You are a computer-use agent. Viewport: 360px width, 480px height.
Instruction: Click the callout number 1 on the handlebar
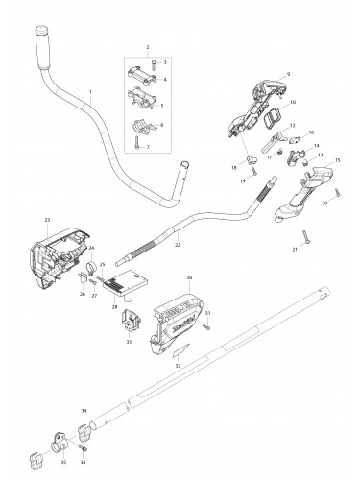pos(90,91)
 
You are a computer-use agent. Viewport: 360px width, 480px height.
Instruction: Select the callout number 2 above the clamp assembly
pos(147,46)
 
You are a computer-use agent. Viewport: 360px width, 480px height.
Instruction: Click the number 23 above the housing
pos(47,220)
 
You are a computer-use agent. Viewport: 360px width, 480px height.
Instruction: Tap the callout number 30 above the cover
pos(191,277)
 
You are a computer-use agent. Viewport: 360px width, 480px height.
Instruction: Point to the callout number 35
pos(63,462)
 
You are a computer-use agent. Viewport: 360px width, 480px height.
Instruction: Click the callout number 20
pos(325,203)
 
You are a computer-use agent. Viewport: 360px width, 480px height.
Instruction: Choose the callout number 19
pos(243,180)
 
